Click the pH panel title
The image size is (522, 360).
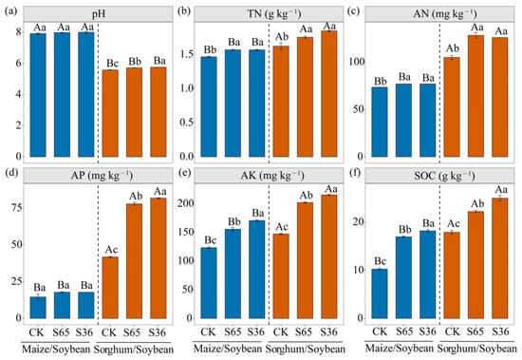tap(99, 14)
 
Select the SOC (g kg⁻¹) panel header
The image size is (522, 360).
tap(444, 176)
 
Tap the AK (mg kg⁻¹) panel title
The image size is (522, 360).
tap(272, 176)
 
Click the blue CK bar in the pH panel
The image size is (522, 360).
tap(38, 95)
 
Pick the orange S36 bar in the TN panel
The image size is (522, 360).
tap(329, 94)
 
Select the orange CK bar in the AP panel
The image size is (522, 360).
tap(110, 288)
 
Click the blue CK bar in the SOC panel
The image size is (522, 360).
tap(380, 294)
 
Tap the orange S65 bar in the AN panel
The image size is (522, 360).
tap(475, 96)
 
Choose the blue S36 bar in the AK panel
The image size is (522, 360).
tap(256, 270)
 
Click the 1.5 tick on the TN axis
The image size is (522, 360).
tap(187, 54)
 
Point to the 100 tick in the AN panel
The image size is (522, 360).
tap(356, 63)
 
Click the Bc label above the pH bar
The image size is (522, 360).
tap(112, 64)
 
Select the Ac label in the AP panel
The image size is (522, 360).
tap(112, 250)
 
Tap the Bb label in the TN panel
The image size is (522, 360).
tap(210, 49)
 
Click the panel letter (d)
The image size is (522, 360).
tap(10, 174)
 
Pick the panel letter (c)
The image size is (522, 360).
tap(353, 11)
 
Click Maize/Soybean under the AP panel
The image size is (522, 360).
tap(56, 350)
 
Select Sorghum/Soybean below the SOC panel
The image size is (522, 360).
tap(476, 350)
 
